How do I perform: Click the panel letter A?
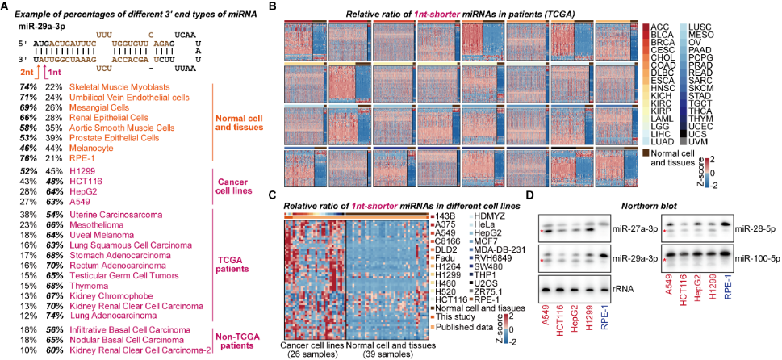click(x=6, y=7)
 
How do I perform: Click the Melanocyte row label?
click(x=93, y=149)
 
